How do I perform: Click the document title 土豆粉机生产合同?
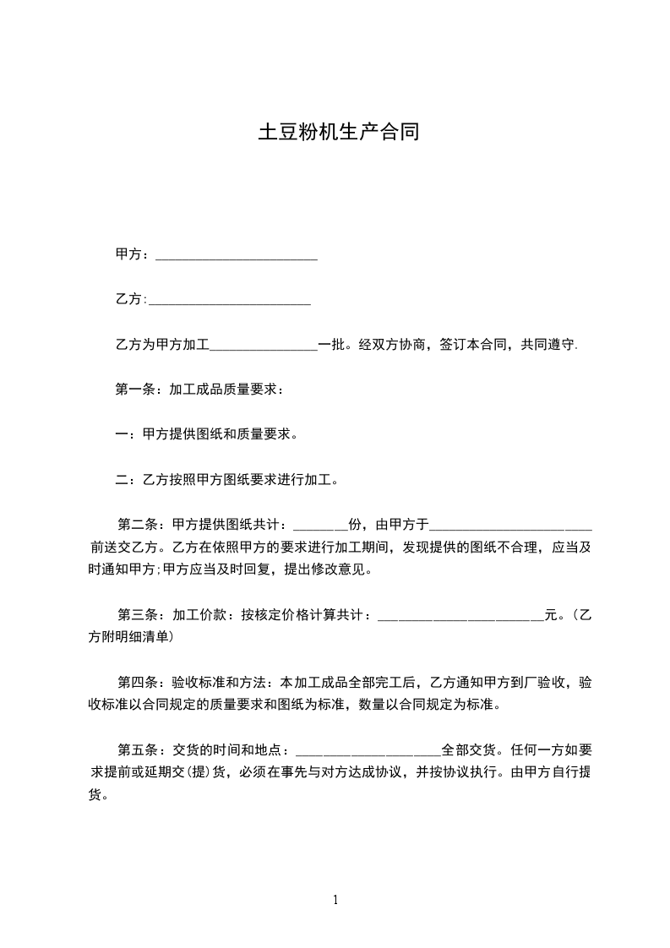[x=338, y=133]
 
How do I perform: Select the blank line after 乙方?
[x=229, y=301]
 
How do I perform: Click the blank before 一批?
[x=263, y=346]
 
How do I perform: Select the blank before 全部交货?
[x=368, y=752]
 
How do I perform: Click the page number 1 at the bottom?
[x=335, y=900]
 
